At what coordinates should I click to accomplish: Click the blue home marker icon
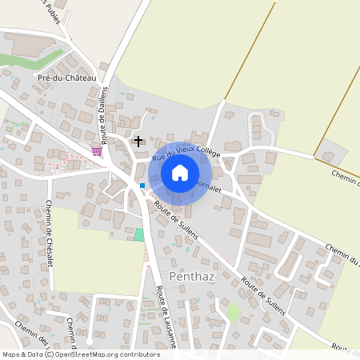[180, 173]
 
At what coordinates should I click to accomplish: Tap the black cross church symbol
[138, 142]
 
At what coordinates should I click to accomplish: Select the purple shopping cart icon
[97, 151]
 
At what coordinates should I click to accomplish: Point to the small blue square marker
[142, 186]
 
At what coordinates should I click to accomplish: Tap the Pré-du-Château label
[66, 78]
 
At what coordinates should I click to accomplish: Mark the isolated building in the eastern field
[328, 153]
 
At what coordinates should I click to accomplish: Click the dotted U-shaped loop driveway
[257, 128]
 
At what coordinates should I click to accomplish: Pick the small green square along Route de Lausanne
[139, 234]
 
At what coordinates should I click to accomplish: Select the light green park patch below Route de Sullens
[233, 313]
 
